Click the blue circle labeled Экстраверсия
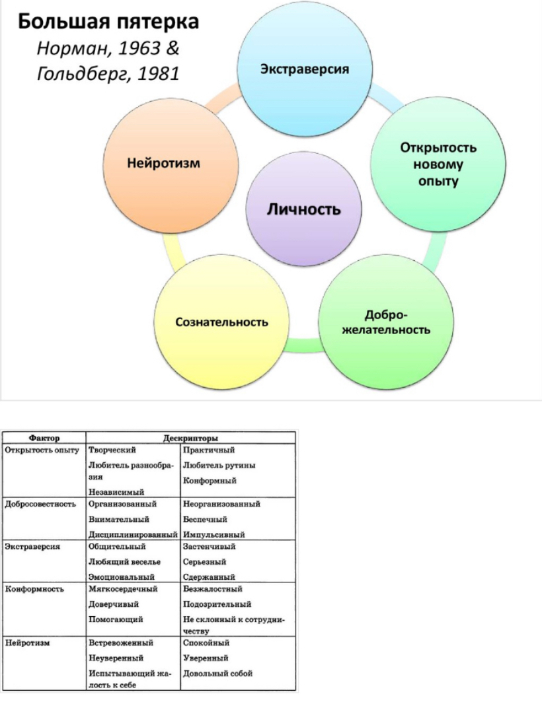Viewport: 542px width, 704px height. [x=304, y=69]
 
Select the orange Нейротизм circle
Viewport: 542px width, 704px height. [x=173, y=162]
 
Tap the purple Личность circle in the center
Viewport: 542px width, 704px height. [x=303, y=210]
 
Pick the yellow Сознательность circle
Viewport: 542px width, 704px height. [x=221, y=322]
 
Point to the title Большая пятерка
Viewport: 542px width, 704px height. [x=108, y=22]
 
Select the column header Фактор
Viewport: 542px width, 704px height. [x=45, y=437]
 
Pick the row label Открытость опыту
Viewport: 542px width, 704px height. [x=42, y=450]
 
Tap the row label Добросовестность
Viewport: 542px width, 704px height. [x=39, y=504]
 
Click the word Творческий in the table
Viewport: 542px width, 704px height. [x=112, y=450]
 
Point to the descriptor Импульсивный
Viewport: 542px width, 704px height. [x=214, y=534]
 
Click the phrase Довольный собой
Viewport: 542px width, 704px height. [x=217, y=674]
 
